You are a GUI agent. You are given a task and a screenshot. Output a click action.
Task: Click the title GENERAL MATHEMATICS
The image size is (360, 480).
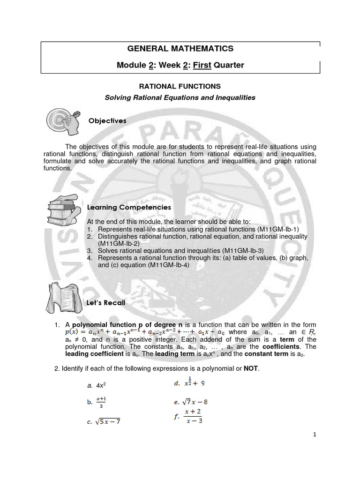180,48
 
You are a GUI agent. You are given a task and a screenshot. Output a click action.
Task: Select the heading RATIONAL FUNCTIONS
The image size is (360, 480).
180,87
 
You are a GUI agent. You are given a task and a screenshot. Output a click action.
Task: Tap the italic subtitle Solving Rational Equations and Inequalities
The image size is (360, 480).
180,97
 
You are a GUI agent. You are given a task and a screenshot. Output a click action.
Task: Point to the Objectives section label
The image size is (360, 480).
107,120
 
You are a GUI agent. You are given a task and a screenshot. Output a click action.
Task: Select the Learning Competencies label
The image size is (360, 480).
129,207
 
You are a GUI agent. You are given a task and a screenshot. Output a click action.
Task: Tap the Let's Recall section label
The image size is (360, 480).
106,303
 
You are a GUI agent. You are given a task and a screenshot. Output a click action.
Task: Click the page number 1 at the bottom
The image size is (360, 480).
315,435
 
